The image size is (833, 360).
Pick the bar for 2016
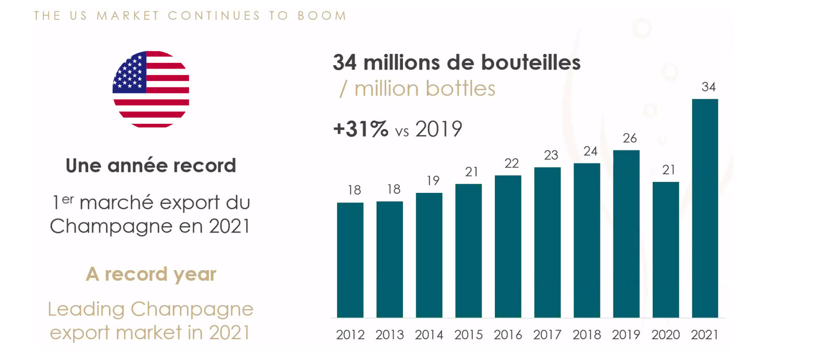tap(508, 246)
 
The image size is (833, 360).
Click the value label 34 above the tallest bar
tap(708, 87)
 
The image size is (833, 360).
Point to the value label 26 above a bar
tap(630, 138)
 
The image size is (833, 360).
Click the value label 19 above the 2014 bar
tap(433, 181)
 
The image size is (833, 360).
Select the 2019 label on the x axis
tap(626, 335)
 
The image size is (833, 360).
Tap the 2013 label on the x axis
tap(389, 335)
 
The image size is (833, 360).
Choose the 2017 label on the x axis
tap(547, 335)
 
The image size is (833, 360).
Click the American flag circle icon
tap(151, 89)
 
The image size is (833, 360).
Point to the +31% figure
tap(361, 129)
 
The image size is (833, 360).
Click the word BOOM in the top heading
tap(322, 16)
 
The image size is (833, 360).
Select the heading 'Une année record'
tap(151, 166)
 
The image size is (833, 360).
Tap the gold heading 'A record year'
tap(151, 274)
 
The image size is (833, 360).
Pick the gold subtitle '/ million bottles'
tap(418, 89)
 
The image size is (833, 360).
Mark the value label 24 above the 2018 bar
tap(590, 152)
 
